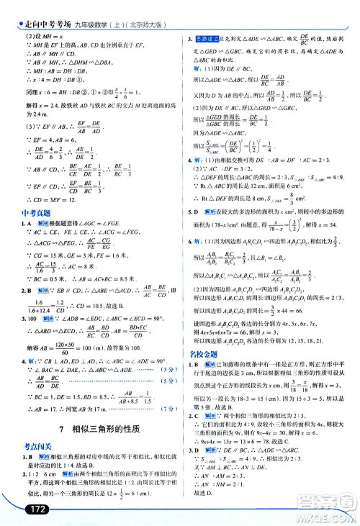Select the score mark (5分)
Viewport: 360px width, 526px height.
[x=164, y=380]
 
